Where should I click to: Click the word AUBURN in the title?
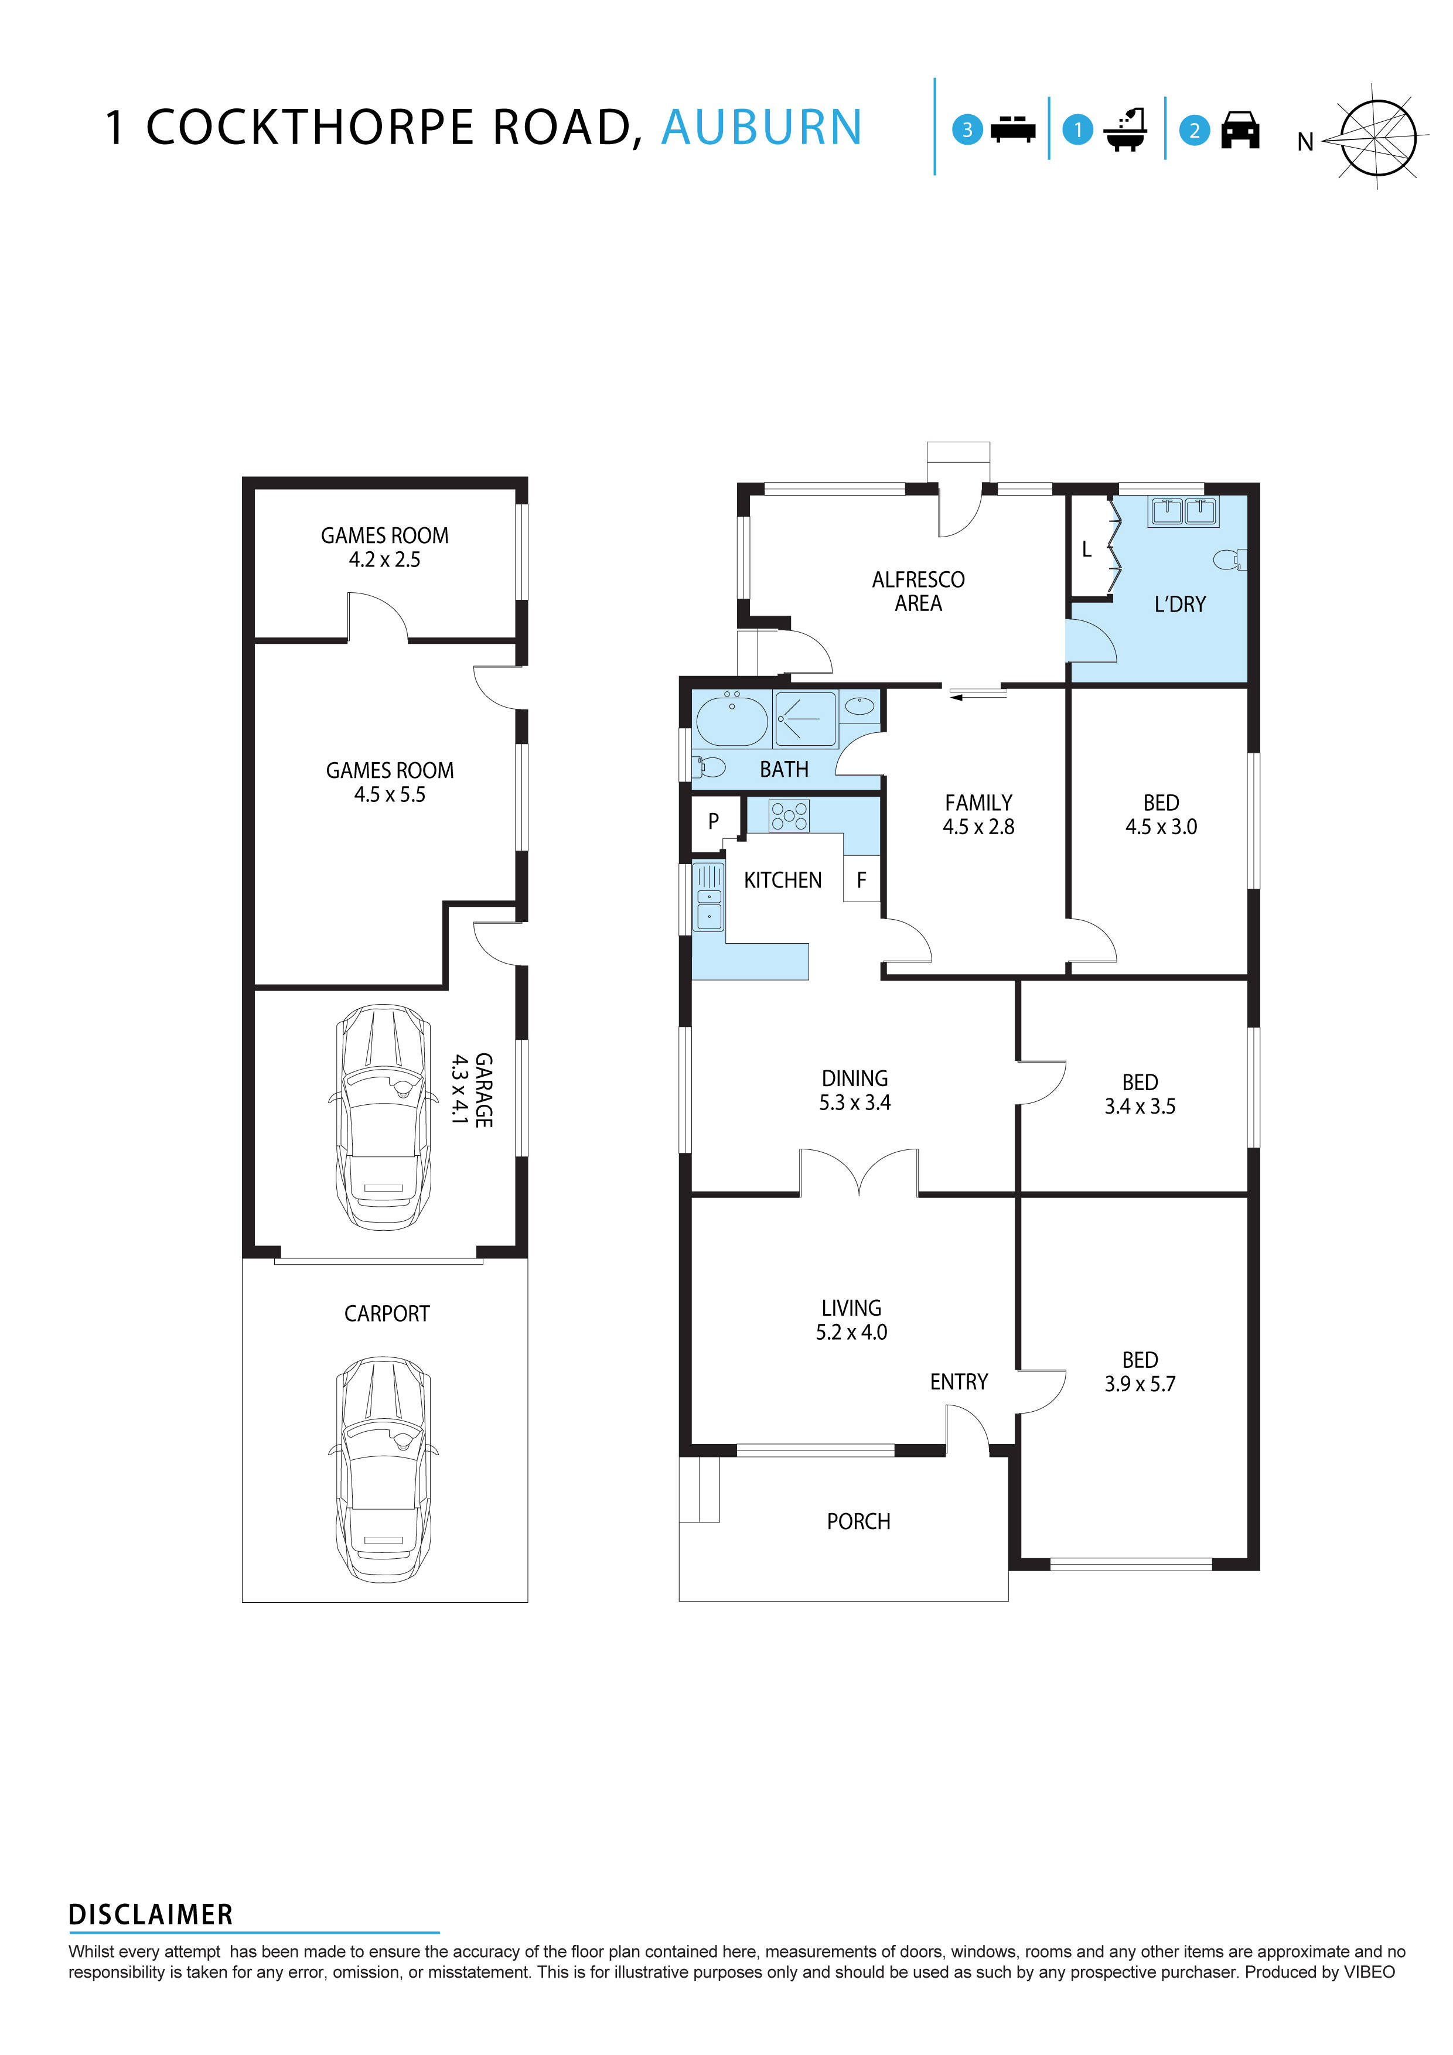tap(761, 127)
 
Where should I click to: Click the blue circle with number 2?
tap(1193, 131)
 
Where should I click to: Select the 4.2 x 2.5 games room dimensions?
tap(385, 559)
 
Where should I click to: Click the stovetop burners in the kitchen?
tap(789, 815)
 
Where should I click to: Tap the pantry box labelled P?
tap(714, 820)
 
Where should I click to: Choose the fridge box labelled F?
tap(861, 880)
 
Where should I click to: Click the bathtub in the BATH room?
tap(731, 719)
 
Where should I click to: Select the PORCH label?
tap(858, 1521)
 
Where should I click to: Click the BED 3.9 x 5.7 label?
tap(1140, 1372)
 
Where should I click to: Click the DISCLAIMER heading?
tap(151, 1914)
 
